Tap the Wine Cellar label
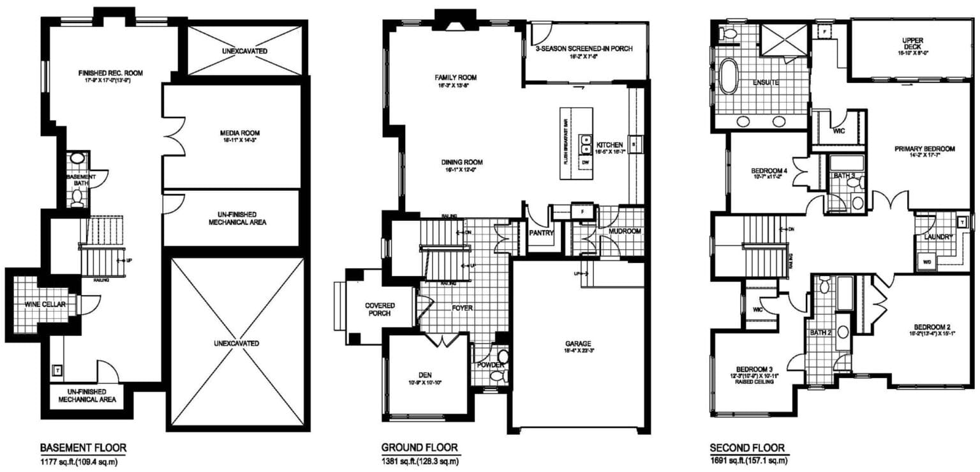coord(45,305)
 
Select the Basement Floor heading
coord(83,447)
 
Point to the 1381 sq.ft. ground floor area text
coord(421,461)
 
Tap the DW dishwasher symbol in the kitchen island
coord(586,164)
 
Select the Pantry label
coord(541,233)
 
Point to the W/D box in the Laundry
coord(925,261)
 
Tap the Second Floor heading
coord(747,447)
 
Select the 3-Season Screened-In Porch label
coord(584,49)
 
